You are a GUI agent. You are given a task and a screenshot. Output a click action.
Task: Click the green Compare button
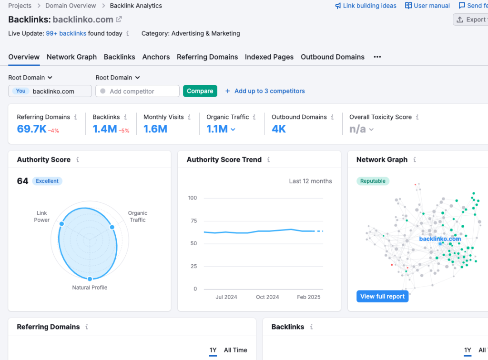[x=200, y=91]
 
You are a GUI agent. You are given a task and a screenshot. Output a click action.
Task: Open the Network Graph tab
[x=71, y=57]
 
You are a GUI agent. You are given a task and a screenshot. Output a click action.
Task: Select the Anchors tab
[x=156, y=57]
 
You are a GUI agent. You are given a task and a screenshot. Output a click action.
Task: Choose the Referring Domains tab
[x=207, y=57]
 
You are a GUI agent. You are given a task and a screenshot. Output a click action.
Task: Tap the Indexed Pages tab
[x=269, y=57]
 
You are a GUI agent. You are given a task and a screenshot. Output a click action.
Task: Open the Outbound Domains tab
[x=333, y=57]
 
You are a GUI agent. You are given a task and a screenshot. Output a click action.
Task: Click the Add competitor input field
[x=138, y=91]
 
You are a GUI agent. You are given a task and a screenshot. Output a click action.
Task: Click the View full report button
[x=382, y=296]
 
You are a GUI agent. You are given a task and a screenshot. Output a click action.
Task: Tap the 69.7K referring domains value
[x=31, y=129]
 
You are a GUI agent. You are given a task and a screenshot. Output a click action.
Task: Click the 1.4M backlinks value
[x=104, y=129]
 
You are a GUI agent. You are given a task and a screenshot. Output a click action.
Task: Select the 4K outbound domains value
[x=279, y=129]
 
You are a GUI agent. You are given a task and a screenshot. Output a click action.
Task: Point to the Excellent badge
[x=47, y=181]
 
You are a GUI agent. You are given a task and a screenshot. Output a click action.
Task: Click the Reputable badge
[x=373, y=181]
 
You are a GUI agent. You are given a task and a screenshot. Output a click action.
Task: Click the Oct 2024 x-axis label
[x=267, y=297]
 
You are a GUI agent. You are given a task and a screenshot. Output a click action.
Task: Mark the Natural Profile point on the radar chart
[x=90, y=279]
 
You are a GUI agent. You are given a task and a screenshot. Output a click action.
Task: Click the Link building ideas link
[x=366, y=6]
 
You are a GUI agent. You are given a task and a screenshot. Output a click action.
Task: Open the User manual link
[x=427, y=6]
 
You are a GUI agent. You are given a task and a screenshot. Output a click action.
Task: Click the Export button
[x=471, y=20]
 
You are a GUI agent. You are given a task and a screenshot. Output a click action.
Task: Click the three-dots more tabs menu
[x=377, y=57]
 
